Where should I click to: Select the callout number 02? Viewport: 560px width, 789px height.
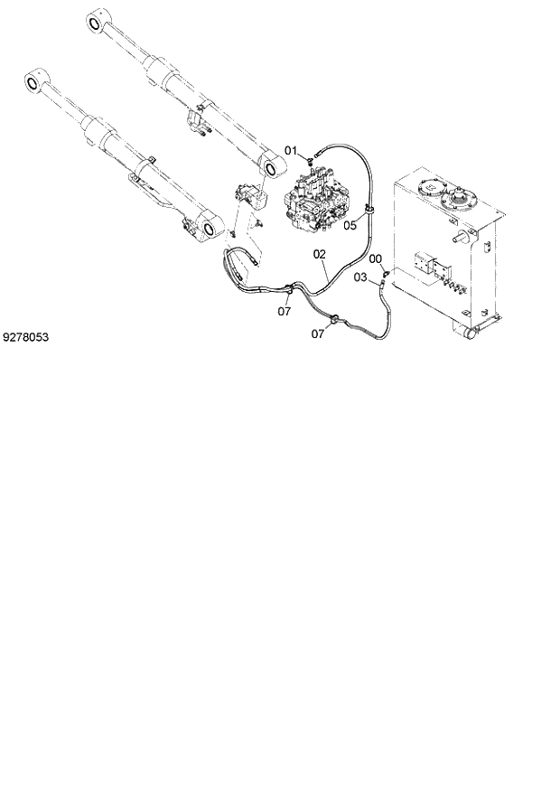pos(319,255)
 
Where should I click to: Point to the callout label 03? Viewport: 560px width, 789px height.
pos(359,277)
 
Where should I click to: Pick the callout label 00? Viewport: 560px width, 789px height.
pos(376,258)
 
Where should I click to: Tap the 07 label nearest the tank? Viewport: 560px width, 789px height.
pos(317,333)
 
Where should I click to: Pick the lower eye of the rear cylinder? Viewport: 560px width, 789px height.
pos(270,165)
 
